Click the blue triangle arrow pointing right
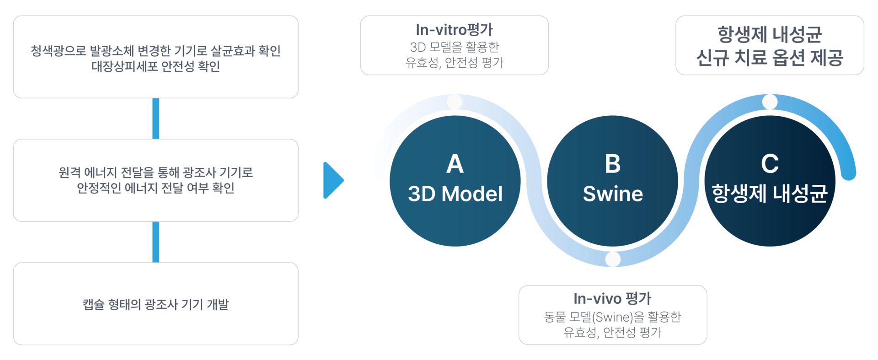tap(332, 180)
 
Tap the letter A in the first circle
tap(455, 164)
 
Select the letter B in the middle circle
tap(612, 164)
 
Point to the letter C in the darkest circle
tap(770, 164)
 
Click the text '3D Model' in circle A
tap(455, 194)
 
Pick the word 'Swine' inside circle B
tap(613, 194)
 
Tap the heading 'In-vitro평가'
tap(454, 30)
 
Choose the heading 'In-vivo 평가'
tap(612, 299)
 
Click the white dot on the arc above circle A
tap(455, 102)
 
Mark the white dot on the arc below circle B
tap(613, 259)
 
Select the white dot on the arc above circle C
tap(770, 102)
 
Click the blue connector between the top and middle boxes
tap(156, 118)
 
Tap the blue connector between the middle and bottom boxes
tap(156, 242)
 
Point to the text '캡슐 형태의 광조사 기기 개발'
tap(155, 304)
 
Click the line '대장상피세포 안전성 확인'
tap(155, 66)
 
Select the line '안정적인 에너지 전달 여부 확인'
tap(155, 188)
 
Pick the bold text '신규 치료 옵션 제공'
tap(770, 58)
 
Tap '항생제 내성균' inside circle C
tap(770, 194)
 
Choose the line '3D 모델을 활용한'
tap(454, 47)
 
